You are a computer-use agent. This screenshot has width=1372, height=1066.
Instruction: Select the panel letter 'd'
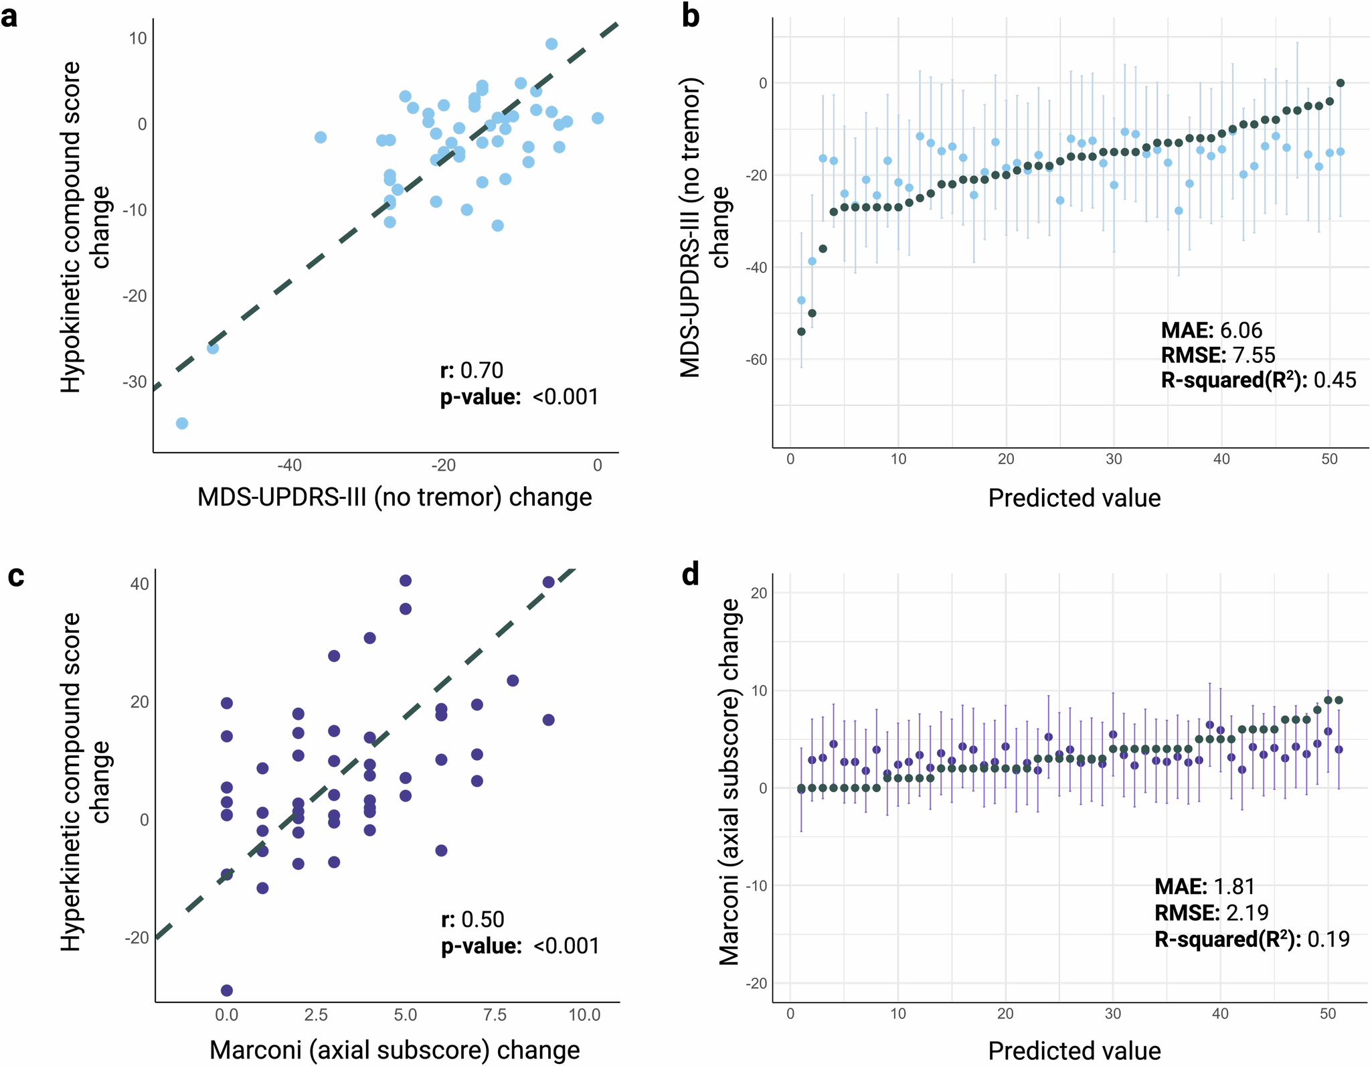coord(690,575)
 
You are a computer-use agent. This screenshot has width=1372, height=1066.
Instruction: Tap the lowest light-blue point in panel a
coord(181,423)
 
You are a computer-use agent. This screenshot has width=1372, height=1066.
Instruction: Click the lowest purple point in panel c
coord(227,990)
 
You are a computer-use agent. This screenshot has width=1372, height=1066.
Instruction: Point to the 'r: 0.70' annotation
coord(472,370)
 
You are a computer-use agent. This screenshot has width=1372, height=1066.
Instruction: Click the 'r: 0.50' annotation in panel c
coord(473,919)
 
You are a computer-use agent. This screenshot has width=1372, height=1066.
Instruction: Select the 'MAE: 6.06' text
coord(1211,330)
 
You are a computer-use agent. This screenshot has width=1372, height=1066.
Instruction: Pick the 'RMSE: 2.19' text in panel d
coord(1211,913)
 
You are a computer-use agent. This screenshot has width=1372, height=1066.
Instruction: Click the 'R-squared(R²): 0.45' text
coord(1258,380)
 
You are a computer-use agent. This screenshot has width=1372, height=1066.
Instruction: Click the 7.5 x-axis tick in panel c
coord(495,1015)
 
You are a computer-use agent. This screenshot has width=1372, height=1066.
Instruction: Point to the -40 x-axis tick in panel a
coord(289,465)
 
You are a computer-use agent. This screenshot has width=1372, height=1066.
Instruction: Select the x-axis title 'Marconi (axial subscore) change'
coord(395,1050)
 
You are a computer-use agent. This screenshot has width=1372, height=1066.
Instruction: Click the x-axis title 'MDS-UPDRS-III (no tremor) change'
coord(395,498)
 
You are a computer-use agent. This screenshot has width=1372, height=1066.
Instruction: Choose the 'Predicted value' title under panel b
coord(1074,498)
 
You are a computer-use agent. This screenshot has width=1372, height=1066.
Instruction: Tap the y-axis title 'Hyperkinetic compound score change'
coord(85,782)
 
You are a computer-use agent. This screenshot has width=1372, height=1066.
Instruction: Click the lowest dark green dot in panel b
coord(801,331)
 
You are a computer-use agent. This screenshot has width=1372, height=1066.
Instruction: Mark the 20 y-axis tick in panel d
coord(758,593)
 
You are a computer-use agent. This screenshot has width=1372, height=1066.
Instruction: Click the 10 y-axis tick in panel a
coord(138,38)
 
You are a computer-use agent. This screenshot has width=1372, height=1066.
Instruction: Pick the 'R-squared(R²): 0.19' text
coord(1252,939)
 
